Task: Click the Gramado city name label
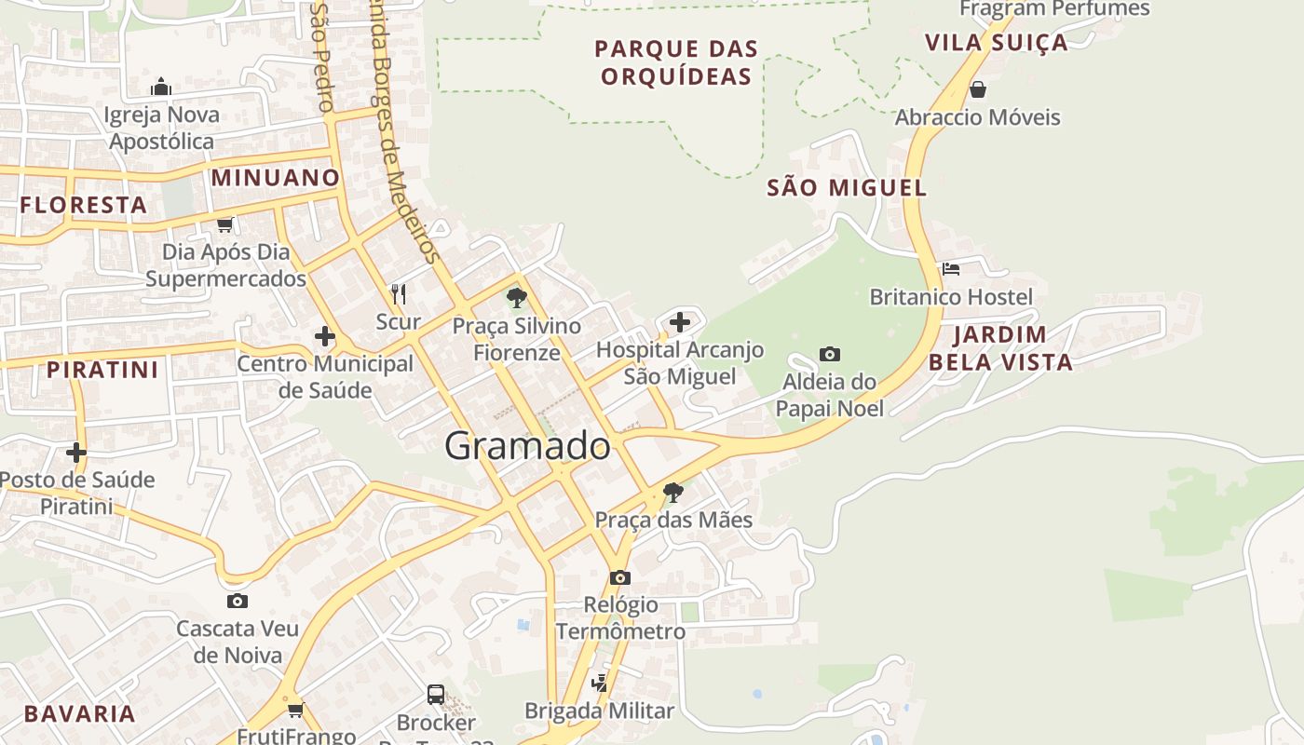pos(527,446)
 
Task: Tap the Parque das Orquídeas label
pos(676,62)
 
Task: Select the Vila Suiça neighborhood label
pos(996,43)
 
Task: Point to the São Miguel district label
pos(847,188)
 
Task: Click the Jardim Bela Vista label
pos(1000,348)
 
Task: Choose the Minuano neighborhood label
pos(276,178)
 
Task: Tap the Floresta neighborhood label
pos(84,206)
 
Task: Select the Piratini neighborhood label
pos(102,370)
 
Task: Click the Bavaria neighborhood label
pos(80,714)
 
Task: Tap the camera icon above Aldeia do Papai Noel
pos(830,354)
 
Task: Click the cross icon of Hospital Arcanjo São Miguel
pos(680,322)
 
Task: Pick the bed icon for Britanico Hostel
pos(950,269)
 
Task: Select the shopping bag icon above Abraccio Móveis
pos(977,89)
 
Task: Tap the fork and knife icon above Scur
pos(399,294)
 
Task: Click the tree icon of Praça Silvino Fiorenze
pos(516,298)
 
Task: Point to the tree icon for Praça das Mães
pos(672,492)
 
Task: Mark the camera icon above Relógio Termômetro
pos(619,577)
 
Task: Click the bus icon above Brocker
pos(435,694)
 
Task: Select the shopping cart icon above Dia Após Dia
pos(224,224)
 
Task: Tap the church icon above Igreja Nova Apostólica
pos(161,88)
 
